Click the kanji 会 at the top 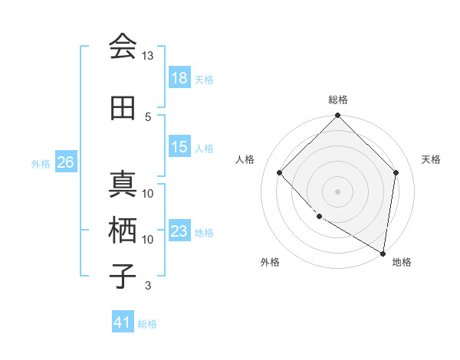click(x=123, y=47)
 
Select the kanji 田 click(x=123, y=108)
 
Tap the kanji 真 click(x=123, y=185)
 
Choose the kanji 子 click(x=123, y=277)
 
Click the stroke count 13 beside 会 click(x=148, y=56)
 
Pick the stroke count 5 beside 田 click(x=148, y=116)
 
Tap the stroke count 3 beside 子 click(x=148, y=286)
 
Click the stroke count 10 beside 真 click(x=148, y=193)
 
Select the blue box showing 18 click(x=179, y=78)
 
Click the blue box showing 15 click(x=179, y=147)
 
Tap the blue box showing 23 click(x=179, y=231)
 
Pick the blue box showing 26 click(x=65, y=162)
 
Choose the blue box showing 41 click(x=123, y=322)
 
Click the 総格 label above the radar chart click(x=338, y=100)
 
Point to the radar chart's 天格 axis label click(x=432, y=159)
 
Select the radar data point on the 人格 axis click(x=280, y=172)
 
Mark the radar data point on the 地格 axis click(x=383, y=254)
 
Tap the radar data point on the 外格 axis click(x=319, y=217)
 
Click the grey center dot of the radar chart click(x=338, y=191)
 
